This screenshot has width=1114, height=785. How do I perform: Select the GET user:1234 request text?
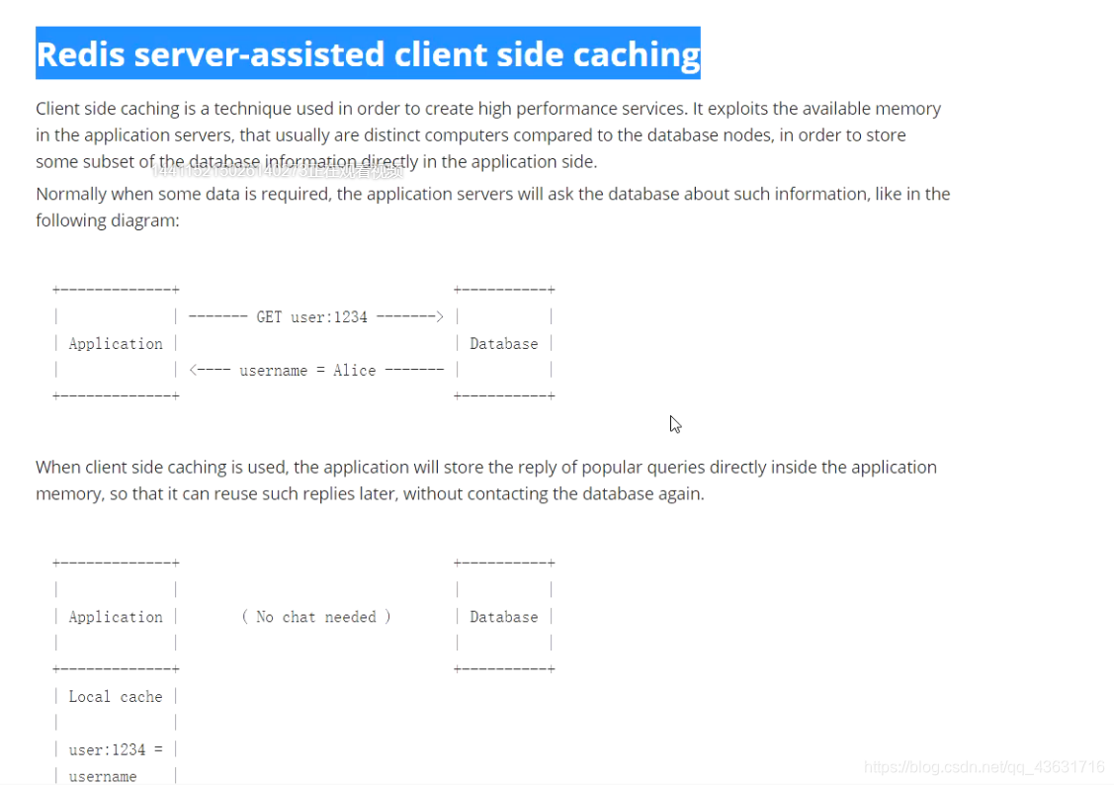[311, 317]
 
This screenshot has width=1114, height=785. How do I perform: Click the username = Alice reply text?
[307, 371]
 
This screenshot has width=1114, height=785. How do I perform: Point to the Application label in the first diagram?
[116, 344]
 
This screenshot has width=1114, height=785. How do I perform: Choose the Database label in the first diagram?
[503, 344]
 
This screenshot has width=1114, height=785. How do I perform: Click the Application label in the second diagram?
[116, 617]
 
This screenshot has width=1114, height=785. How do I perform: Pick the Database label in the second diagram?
[503, 617]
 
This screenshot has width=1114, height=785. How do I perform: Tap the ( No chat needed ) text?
[316, 617]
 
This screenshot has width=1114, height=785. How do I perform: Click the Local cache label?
[115, 697]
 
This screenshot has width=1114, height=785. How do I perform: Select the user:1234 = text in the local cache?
[115, 750]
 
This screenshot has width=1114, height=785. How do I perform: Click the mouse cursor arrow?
[675, 423]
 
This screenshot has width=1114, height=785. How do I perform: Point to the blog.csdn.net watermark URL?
[984, 767]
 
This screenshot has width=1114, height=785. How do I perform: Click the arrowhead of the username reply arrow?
[195, 371]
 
